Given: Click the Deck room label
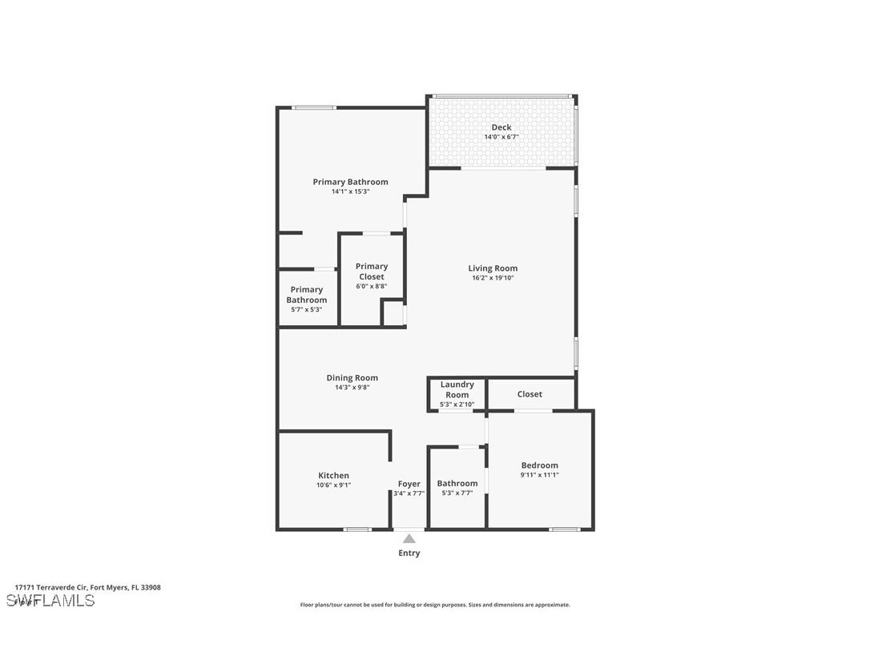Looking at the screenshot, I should (501, 127).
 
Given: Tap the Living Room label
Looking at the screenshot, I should (493, 268).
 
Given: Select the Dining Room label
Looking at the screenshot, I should (352, 378).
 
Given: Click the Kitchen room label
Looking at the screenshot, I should (333, 476).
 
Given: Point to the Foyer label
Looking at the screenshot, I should (409, 484).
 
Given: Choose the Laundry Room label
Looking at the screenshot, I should (457, 389).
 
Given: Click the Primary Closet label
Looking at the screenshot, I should (372, 272).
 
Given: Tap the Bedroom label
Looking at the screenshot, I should (539, 465).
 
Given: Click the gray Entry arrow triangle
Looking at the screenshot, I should (409, 538).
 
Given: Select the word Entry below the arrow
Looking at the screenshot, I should (409, 553).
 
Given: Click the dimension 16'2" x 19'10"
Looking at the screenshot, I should (493, 278).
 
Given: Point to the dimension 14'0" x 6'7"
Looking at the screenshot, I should (501, 137).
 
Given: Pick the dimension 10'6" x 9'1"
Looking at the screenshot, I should (333, 485).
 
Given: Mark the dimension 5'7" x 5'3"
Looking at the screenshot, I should (307, 309).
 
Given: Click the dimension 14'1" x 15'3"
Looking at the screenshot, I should (350, 191).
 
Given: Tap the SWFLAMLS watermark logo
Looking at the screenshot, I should (50, 601).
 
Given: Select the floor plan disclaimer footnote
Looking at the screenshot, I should (435, 605).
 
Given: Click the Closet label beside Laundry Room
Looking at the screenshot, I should (530, 394).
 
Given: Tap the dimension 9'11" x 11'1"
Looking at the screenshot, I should (539, 475).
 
